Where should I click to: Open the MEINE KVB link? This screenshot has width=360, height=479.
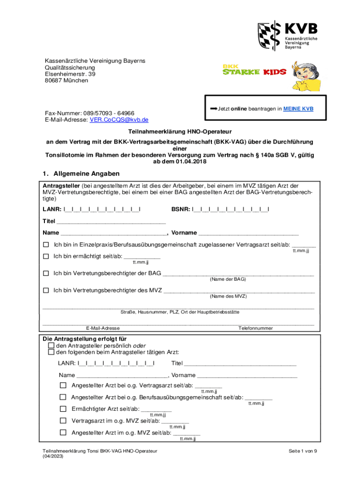coord(298,109)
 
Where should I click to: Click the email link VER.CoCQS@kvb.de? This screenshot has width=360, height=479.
coord(119,120)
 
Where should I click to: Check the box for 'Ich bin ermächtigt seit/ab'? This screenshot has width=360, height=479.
coord(46,256)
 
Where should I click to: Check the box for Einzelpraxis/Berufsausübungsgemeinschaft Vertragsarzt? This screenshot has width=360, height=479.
coord(46,245)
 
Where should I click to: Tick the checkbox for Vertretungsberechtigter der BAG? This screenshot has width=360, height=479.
coord(46,273)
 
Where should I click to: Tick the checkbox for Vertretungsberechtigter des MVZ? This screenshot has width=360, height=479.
coord(46,290)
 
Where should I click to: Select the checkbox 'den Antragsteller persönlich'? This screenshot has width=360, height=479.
coord(51,345)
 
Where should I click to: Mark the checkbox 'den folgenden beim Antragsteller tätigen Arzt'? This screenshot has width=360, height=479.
coord(51,352)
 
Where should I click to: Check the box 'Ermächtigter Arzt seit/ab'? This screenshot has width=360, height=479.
coord(63,409)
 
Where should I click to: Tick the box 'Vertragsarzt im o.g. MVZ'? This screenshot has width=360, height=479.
coord(63,421)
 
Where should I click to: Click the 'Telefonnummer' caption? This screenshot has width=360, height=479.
coord(255,328)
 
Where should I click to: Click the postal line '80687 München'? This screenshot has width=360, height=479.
coord(66,80)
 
